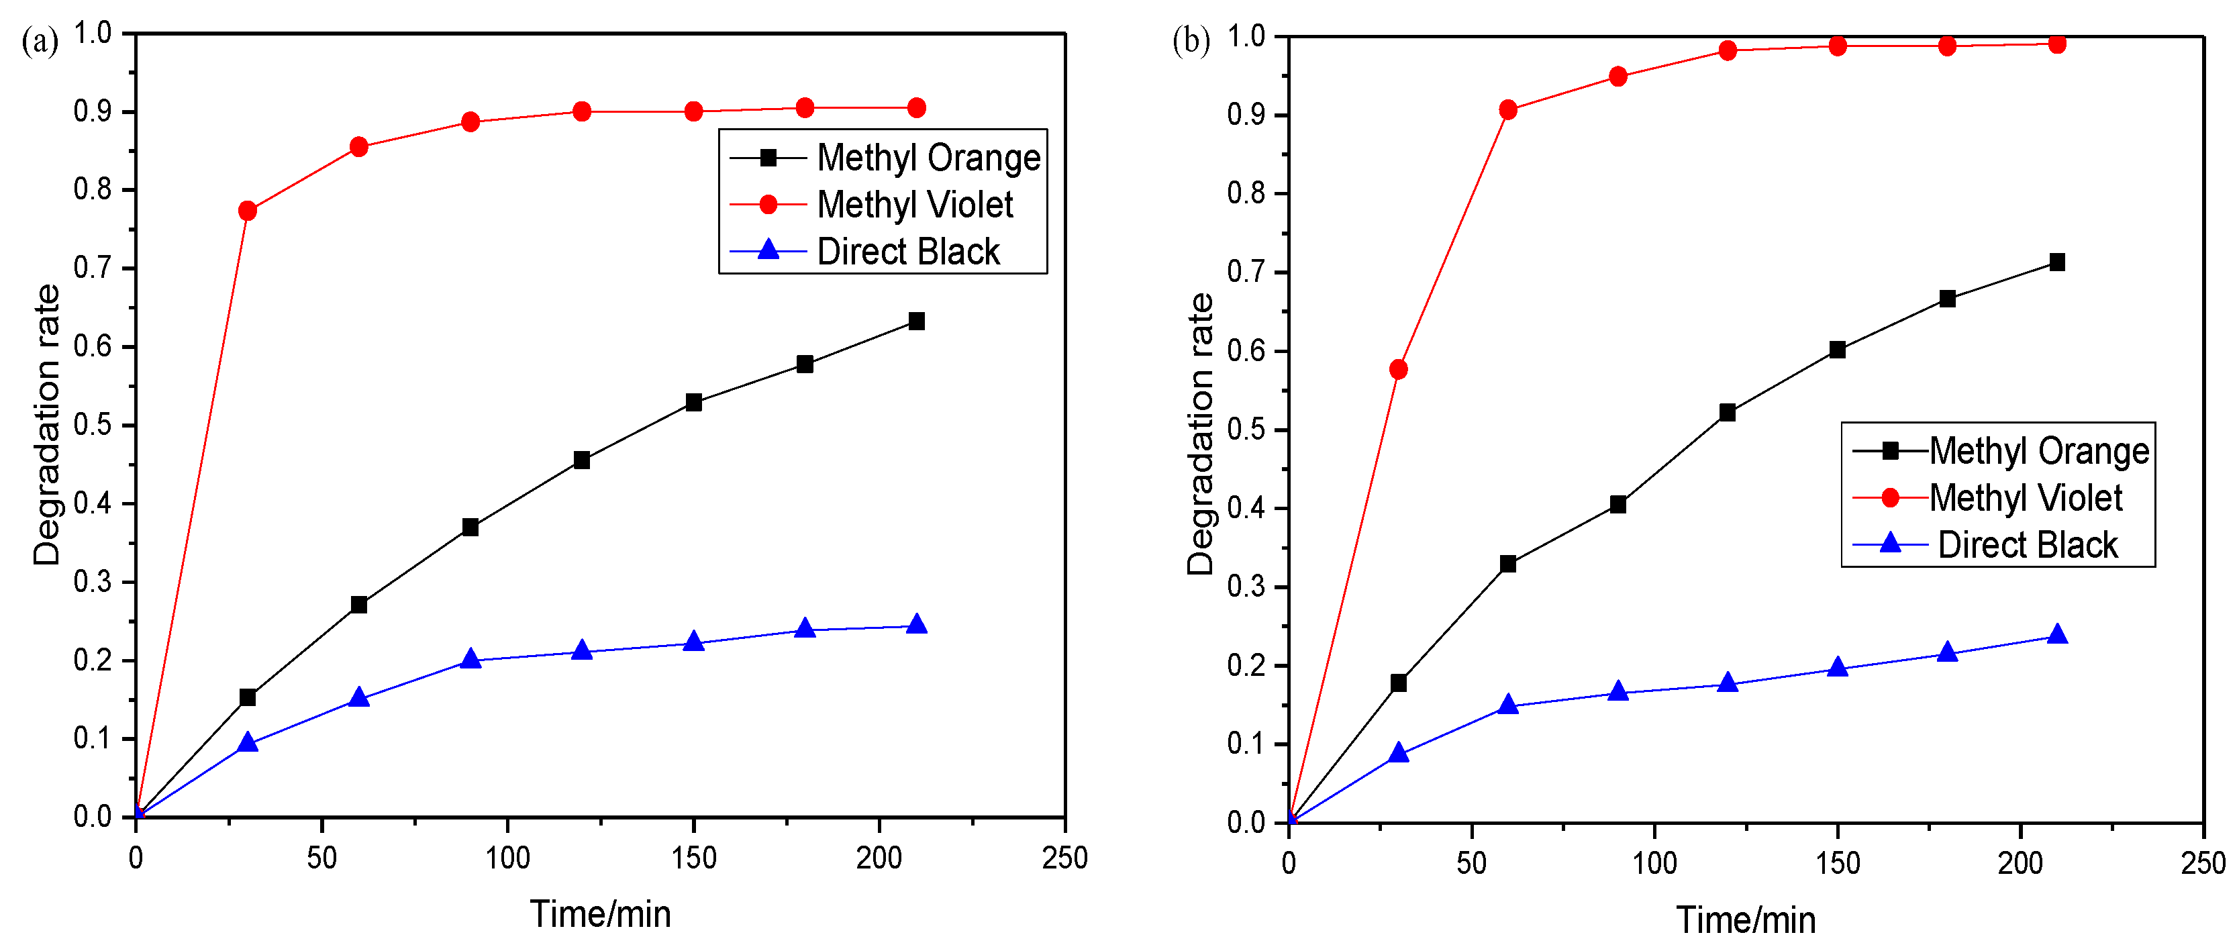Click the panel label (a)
[x=40, y=42]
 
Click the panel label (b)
[x=1191, y=41]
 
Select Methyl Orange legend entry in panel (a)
[x=928, y=158]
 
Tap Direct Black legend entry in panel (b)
[x=2027, y=545]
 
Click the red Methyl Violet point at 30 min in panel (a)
[x=247, y=211]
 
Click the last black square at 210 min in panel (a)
[x=916, y=321]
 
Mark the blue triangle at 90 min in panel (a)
[x=470, y=659]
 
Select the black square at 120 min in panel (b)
[x=1727, y=413]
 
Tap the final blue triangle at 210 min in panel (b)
[x=2056, y=635]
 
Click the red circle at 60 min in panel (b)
[x=1508, y=111]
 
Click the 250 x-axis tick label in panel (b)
[x=2203, y=863]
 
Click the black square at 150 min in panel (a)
[x=693, y=403]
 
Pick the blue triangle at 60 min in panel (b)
[x=1508, y=705]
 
